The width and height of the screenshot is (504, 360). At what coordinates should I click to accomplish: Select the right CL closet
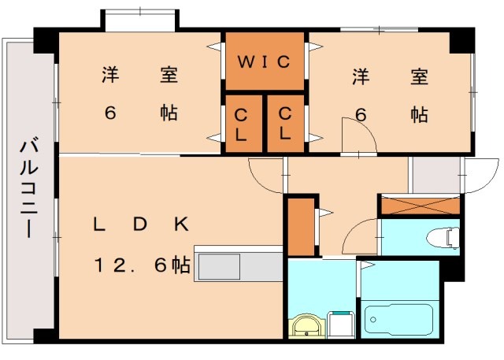pyautogui.click(x=285, y=123)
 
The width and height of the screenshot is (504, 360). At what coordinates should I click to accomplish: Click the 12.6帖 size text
pyautogui.click(x=143, y=265)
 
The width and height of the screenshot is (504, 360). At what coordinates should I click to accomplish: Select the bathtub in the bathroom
pyautogui.click(x=399, y=319)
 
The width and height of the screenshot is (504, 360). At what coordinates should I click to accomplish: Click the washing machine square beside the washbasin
pyautogui.click(x=341, y=324)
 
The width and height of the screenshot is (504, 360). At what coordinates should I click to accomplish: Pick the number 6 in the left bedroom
pyautogui.click(x=110, y=113)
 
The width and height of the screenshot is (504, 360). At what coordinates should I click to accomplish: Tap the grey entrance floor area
pyautogui.click(x=435, y=175)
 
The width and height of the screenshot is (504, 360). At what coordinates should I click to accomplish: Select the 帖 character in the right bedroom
pyautogui.click(x=419, y=114)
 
